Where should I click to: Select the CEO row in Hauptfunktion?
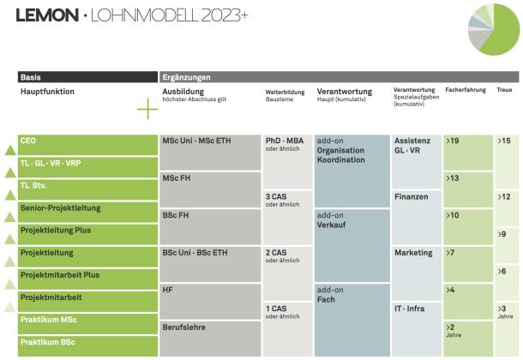point(85,140)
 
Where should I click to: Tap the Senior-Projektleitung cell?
point(85,208)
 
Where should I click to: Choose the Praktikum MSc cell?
point(85,321)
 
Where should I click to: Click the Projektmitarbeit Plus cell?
point(85,275)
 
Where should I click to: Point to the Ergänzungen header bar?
point(339,77)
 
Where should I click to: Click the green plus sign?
point(147,110)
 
